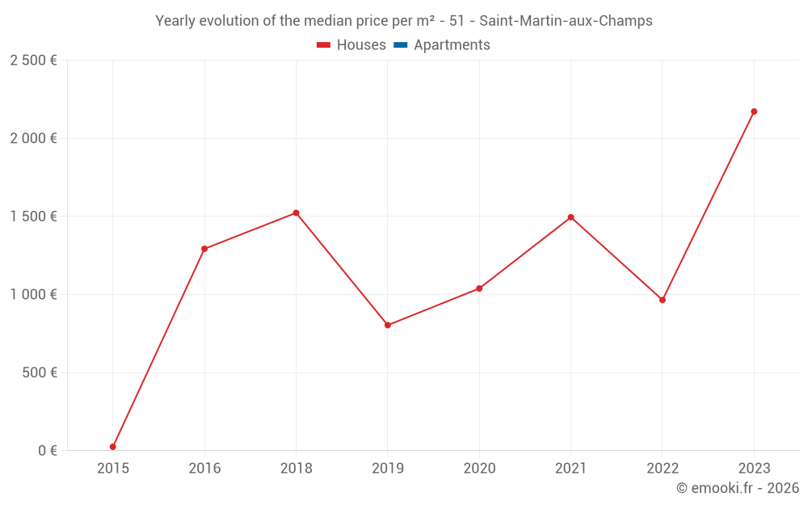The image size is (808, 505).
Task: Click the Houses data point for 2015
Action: point(113,447)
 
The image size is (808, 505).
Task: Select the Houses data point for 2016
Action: point(204,249)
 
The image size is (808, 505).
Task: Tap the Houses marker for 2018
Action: point(296,213)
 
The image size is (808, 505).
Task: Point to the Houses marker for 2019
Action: point(388,325)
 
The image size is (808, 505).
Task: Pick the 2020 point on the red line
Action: point(479,288)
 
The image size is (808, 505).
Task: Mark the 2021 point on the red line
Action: point(571,217)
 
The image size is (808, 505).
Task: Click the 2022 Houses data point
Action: point(663,300)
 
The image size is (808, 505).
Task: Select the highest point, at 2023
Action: point(754,112)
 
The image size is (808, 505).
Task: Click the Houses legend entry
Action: point(351,45)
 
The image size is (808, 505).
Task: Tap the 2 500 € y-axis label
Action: point(33,61)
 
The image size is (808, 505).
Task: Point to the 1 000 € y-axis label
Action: point(33,295)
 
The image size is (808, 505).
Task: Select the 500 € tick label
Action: point(39,373)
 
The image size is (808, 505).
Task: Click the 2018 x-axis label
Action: point(296,469)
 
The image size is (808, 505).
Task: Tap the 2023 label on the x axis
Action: point(754,469)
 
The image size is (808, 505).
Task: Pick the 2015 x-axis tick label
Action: point(113,469)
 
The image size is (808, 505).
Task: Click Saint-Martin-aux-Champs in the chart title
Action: point(566,21)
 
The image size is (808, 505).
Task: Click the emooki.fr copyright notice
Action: point(737,488)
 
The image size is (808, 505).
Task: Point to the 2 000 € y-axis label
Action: point(33,139)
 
